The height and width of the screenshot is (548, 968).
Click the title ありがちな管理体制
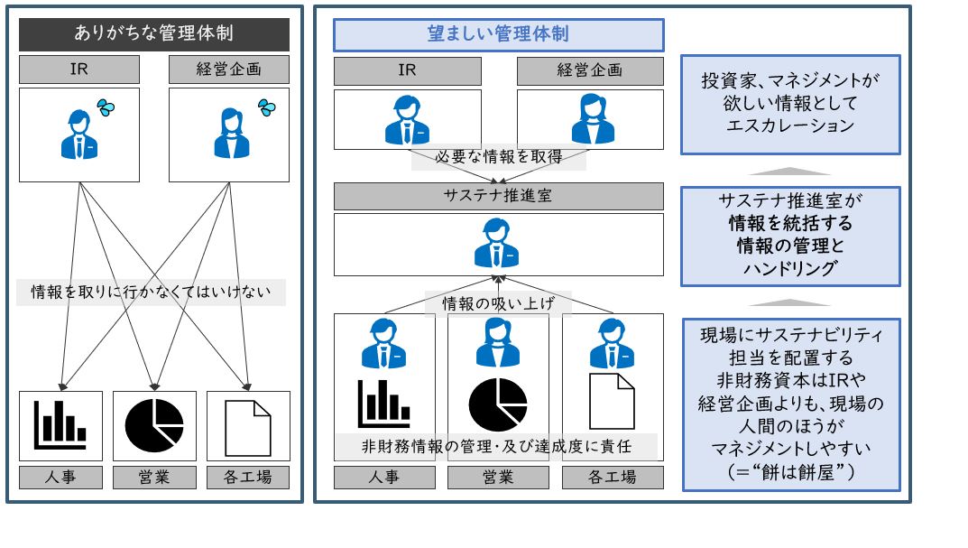154,34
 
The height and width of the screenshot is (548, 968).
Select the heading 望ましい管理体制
498,35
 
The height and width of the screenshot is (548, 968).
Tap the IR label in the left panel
79,70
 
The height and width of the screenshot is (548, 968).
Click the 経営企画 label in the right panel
590,70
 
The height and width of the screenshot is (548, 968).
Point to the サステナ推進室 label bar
498,196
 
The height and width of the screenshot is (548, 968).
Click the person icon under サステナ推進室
498,244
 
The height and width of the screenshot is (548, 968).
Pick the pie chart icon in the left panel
154,425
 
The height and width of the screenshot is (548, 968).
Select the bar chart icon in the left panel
60,423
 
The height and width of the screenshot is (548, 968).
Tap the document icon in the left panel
247,426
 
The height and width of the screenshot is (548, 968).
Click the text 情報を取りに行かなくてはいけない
151,293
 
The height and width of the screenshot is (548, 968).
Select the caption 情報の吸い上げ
498,303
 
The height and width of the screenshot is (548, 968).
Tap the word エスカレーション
789,125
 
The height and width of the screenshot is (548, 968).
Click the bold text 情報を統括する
789,223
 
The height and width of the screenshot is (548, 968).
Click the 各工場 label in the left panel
247,477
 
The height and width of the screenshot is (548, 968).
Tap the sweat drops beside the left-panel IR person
106,107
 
